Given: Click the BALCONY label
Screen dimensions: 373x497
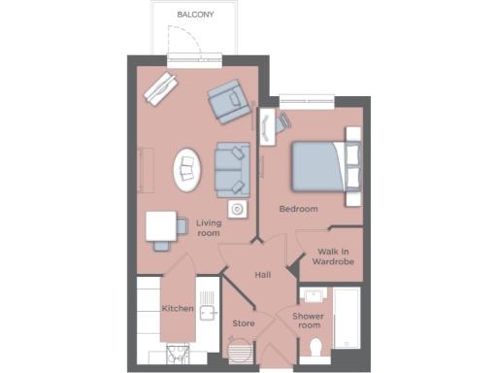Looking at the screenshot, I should coord(195,15).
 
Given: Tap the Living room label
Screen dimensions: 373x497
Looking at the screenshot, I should coord(209,227).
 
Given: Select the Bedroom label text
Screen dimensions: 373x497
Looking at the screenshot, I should coord(298,209).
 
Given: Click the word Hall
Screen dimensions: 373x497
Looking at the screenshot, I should coord(262,275).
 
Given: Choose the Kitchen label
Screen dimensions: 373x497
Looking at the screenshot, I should coord(178,309).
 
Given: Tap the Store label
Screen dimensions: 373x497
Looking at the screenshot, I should coord(243,322).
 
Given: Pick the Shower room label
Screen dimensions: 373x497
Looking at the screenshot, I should coord(309,320).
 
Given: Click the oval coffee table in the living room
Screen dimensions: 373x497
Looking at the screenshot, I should coord(187,170).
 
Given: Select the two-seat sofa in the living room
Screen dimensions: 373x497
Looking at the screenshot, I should coord(232,169).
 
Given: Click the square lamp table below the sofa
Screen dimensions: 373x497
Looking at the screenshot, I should coord(236,209).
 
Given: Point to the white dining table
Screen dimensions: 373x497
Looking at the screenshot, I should coord(160,226).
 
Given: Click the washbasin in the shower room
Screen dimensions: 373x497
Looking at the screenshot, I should coord(314,295).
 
